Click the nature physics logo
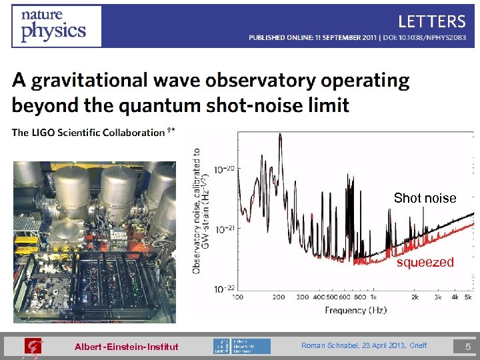click(x=56, y=25)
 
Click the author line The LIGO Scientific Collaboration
click(x=88, y=133)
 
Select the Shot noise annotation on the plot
click(x=425, y=198)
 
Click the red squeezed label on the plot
click(x=425, y=263)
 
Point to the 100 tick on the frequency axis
click(x=237, y=297)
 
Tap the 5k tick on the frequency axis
click(x=468, y=297)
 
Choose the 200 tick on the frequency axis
click(x=279, y=297)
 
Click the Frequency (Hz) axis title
click(x=355, y=310)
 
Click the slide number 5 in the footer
click(x=468, y=346)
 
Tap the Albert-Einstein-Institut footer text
click(x=126, y=347)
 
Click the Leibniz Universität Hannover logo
click(x=242, y=346)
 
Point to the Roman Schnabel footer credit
click(x=364, y=345)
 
